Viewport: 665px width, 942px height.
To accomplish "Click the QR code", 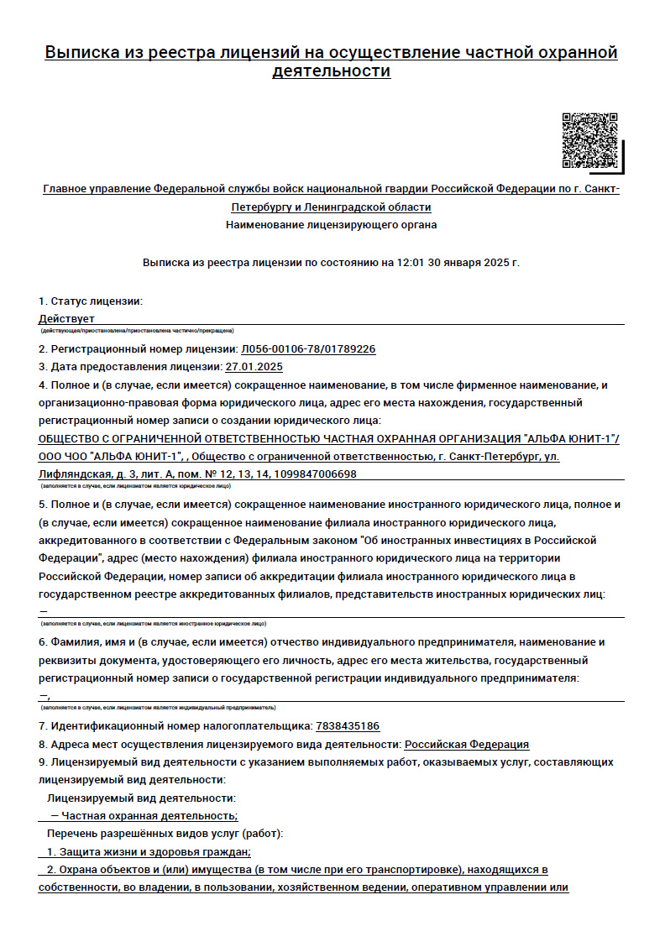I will [590, 140].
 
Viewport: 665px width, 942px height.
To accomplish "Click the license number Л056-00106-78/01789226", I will [307, 348].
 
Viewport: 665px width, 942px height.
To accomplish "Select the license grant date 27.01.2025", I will [254, 367].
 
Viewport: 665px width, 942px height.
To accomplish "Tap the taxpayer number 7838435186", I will [348, 726].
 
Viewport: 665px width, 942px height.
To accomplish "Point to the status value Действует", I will [66, 319].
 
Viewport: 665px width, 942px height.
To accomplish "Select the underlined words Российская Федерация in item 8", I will [467, 745].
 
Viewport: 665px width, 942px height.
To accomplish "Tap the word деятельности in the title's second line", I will [332, 71].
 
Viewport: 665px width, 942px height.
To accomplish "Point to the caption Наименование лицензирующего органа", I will [332, 225].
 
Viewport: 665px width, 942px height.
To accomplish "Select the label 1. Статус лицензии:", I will [91, 301].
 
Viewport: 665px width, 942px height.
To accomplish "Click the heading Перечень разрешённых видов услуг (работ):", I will [165, 834].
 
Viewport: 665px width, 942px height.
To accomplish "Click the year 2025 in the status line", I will [496, 263].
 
